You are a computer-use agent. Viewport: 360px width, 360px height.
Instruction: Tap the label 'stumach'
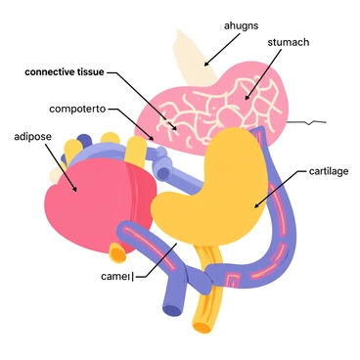coord(289,44)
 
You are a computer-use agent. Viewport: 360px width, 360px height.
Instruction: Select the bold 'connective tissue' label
coord(65,71)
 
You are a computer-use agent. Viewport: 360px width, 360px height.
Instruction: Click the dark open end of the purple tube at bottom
coord(172,311)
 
